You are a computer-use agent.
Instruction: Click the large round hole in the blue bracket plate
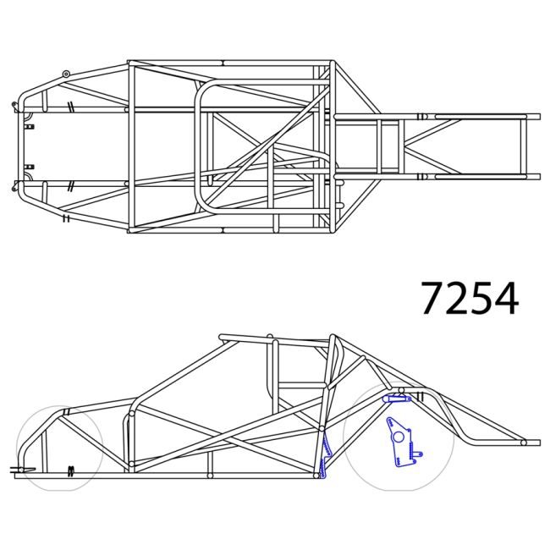[x=397, y=437]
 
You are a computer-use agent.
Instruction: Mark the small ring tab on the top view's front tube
[x=65, y=74]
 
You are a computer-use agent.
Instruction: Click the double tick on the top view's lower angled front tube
[x=65, y=218]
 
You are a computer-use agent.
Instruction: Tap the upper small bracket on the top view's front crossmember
[x=30, y=126]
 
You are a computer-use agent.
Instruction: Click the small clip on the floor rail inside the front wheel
[x=71, y=469]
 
